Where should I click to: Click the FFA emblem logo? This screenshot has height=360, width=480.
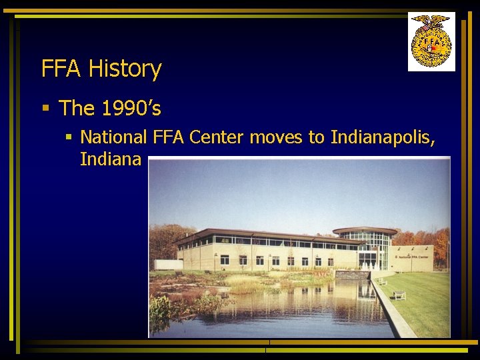(x=431, y=41)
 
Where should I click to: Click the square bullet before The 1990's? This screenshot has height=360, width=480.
(x=45, y=108)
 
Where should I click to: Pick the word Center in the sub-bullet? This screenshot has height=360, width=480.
(x=217, y=138)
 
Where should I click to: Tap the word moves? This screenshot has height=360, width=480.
(x=277, y=138)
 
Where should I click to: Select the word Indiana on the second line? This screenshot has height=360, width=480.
(x=110, y=160)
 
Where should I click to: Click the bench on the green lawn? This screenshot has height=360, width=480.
(x=399, y=295)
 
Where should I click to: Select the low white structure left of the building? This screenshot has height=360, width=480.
(x=169, y=265)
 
